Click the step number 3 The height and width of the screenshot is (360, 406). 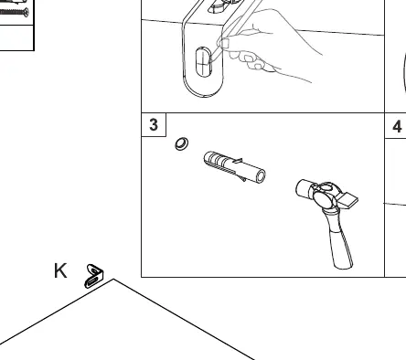click(154, 124)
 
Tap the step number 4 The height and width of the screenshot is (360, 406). click(397, 126)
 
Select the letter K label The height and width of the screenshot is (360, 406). click(60, 270)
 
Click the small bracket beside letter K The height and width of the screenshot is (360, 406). click(94, 276)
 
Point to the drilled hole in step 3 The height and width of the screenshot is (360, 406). click(182, 143)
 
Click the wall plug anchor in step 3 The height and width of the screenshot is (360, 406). click(234, 167)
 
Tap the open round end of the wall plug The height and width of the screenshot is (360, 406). click(261, 176)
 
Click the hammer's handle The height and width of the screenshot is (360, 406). click(338, 239)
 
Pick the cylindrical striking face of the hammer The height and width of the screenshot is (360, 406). click(304, 187)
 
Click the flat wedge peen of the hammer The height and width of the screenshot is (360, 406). click(348, 199)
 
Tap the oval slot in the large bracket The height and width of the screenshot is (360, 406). click(203, 62)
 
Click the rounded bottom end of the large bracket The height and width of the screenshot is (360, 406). click(203, 89)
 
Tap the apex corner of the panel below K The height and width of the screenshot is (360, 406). click(113, 279)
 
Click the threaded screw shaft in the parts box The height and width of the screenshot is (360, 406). click(11, 12)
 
